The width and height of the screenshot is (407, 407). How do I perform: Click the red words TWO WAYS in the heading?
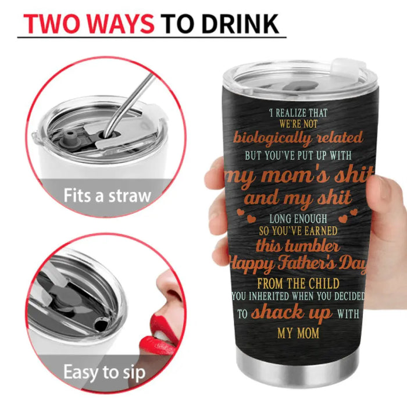coord(89,24)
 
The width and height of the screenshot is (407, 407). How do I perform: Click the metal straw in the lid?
coord(127,106)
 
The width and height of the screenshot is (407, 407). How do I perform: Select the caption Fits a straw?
coord(107,195)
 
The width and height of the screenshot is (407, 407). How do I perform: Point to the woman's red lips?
coord(158,334)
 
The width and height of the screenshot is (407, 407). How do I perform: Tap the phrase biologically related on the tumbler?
coord(298,138)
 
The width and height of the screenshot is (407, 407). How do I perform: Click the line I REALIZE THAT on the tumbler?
coord(298,113)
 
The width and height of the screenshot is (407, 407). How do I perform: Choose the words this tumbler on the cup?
coord(298,245)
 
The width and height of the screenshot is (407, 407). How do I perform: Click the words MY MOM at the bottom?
coord(298,333)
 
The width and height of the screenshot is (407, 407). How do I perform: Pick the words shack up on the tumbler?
coord(291,313)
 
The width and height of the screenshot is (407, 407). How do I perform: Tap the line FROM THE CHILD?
coord(298,284)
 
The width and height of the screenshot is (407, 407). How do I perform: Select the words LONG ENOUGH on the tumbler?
coord(298,219)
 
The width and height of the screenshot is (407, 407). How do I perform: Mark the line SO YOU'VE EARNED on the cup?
coord(298,231)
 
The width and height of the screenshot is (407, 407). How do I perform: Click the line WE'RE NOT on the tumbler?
coord(298,124)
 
